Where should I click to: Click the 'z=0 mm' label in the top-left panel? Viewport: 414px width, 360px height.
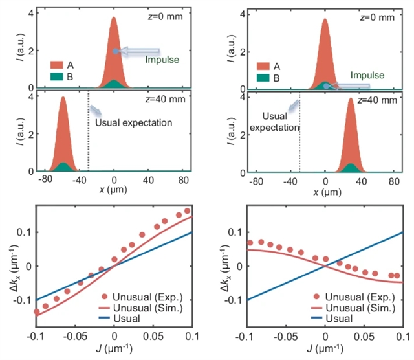(x=165, y=17)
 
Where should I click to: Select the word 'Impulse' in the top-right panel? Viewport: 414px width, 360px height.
(x=367, y=75)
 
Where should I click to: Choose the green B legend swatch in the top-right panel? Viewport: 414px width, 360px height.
(x=264, y=78)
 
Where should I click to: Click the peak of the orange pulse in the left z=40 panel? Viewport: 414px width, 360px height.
(x=63, y=98)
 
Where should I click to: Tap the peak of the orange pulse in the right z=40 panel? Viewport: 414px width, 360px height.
(x=351, y=99)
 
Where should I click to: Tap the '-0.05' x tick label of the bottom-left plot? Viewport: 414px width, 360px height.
(x=76, y=339)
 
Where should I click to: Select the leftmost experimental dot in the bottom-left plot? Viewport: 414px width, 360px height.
(x=36, y=311)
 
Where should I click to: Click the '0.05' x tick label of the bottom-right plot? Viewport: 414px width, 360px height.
(x=364, y=339)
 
